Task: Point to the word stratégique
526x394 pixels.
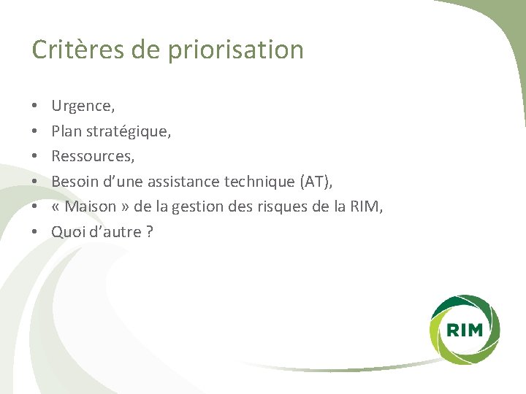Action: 126,132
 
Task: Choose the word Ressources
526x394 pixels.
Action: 92,157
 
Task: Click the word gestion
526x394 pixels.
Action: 210,207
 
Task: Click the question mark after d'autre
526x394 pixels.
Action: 150,232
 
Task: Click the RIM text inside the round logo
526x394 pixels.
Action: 464,330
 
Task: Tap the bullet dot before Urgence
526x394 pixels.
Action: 36,107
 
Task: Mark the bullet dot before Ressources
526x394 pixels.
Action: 36,157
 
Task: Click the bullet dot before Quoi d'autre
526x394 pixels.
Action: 36,232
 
